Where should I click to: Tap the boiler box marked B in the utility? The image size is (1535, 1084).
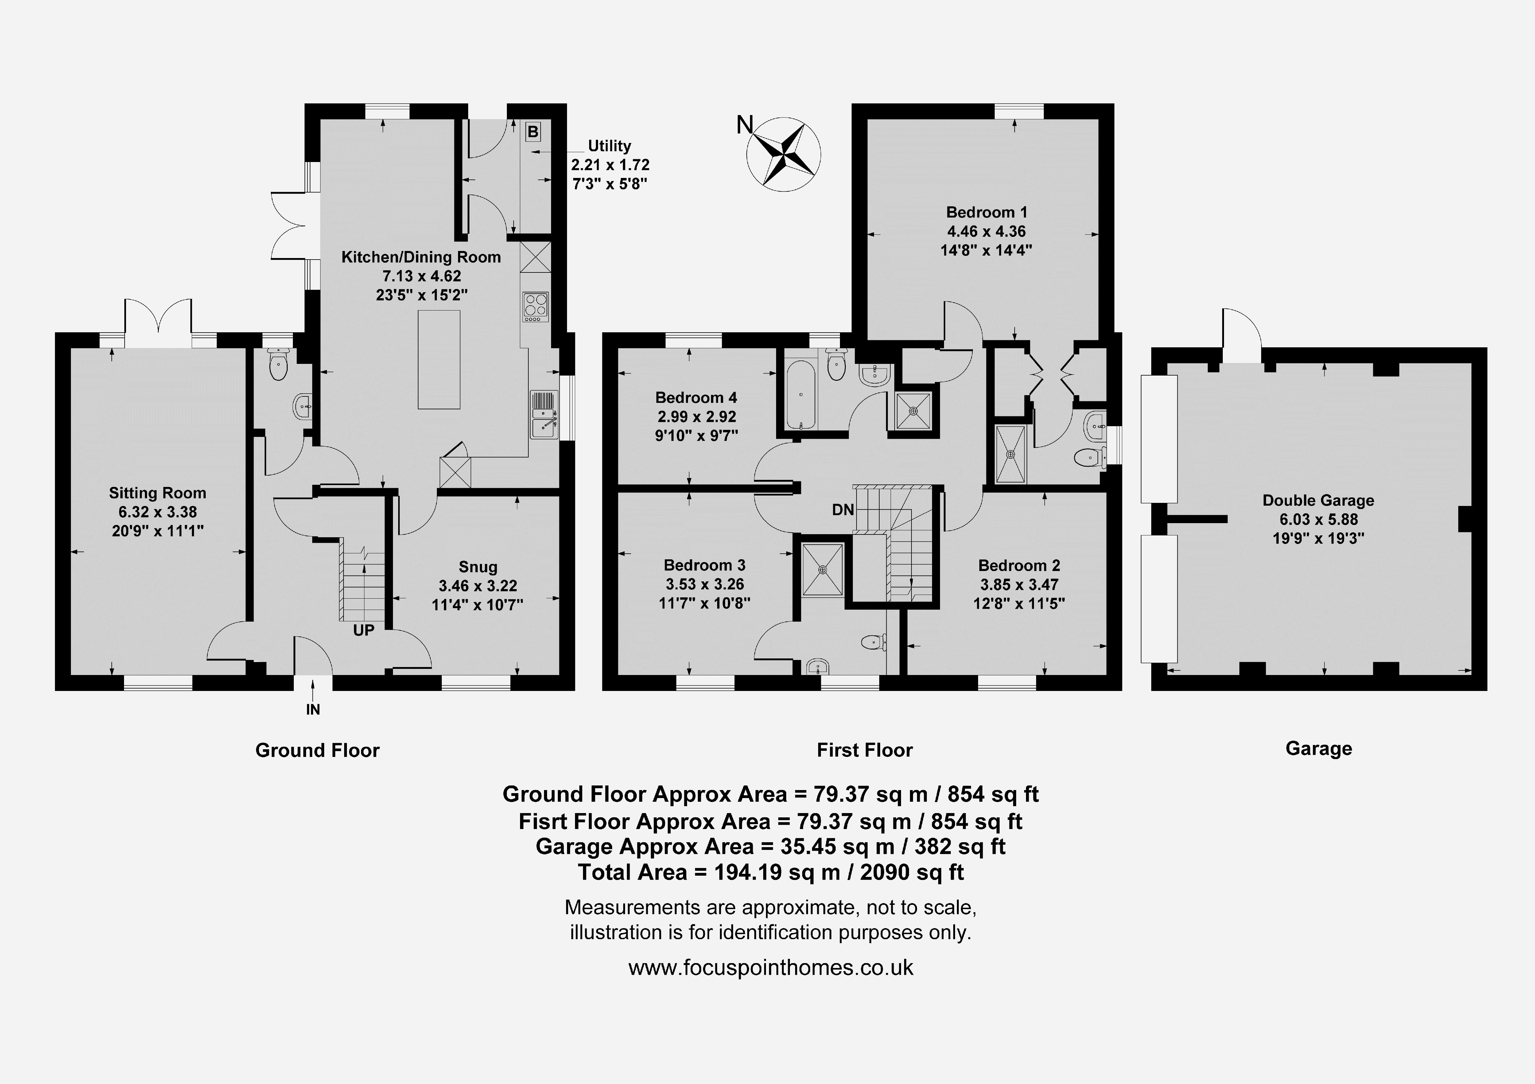click(x=533, y=132)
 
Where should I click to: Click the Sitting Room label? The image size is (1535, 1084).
click(x=158, y=493)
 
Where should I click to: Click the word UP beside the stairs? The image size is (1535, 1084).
click(x=364, y=630)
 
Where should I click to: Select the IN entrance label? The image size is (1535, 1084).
click(x=313, y=710)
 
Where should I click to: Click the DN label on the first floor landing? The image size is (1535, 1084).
click(x=843, y=510)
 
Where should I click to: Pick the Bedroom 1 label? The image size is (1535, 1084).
click(x=987, y=213)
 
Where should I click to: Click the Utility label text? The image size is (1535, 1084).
click(x=609, y=146)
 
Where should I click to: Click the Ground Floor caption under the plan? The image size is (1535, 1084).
click(x=317, y=750)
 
